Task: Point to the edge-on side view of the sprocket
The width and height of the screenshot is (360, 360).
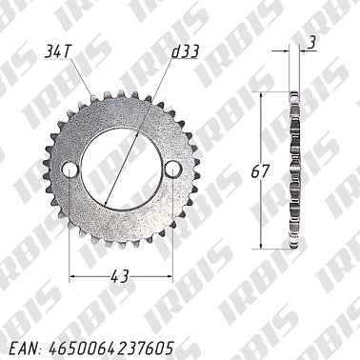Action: tap(292, 171)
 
